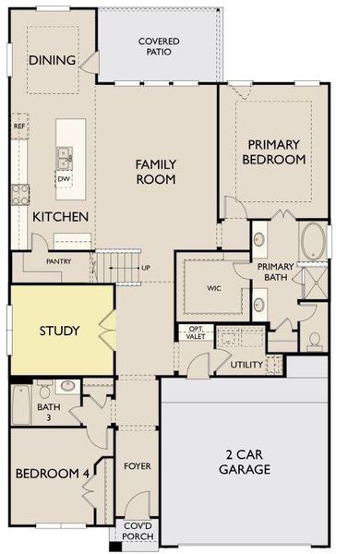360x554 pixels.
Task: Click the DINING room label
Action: click(x=53, y=60)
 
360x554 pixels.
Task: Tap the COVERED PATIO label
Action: click(x=159, y=46)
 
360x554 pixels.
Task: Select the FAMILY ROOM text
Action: click(x=156, y=172)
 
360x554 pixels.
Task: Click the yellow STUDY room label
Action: click(x=59, y=331)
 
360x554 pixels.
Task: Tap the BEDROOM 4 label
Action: click(x=52, y=474)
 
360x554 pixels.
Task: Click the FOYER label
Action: click(x=137, y=466)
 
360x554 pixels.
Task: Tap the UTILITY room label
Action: click(x=246, y=365)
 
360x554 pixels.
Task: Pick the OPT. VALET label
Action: click(x=197, y=332)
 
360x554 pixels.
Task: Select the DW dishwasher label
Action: click(x=64, y=178)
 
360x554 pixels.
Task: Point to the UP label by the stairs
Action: click(x=145, y=269)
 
